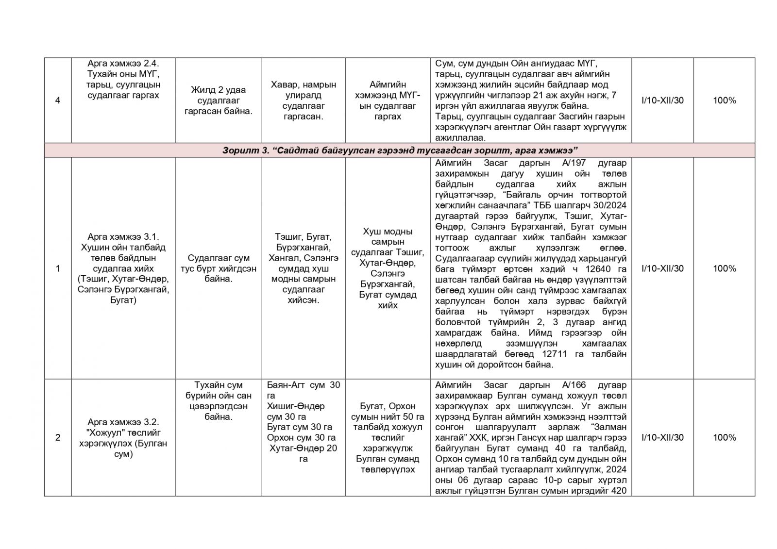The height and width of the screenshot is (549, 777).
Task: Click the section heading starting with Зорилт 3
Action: [x=399, y=150]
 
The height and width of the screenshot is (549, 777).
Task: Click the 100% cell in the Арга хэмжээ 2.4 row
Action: [x=724, y=100]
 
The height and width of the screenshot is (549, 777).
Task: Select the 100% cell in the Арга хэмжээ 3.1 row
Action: [x=724, y=268]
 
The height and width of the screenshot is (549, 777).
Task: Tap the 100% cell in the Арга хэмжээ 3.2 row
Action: [x=724, y=437]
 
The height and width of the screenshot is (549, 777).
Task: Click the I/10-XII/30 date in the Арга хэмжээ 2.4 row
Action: [x=662, y=100]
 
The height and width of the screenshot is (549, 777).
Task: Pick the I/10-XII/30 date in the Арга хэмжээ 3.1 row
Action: [x=662, y=268]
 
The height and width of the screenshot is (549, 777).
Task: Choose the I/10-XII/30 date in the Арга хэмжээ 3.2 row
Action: [x=662, y=437]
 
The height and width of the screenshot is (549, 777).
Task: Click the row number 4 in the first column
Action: [x=58, y=100]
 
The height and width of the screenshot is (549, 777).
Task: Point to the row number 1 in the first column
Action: [x=58, y=268]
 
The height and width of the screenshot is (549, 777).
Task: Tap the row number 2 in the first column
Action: [x=58, y=437]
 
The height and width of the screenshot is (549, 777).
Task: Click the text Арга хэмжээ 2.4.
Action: [x=123, y=64]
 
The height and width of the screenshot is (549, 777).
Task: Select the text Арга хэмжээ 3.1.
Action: [x=123, y=237]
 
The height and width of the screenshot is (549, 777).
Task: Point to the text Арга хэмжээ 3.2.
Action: [x=123, y=422]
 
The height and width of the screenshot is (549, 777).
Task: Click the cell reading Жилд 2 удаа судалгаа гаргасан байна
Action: [x=218, y=100]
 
